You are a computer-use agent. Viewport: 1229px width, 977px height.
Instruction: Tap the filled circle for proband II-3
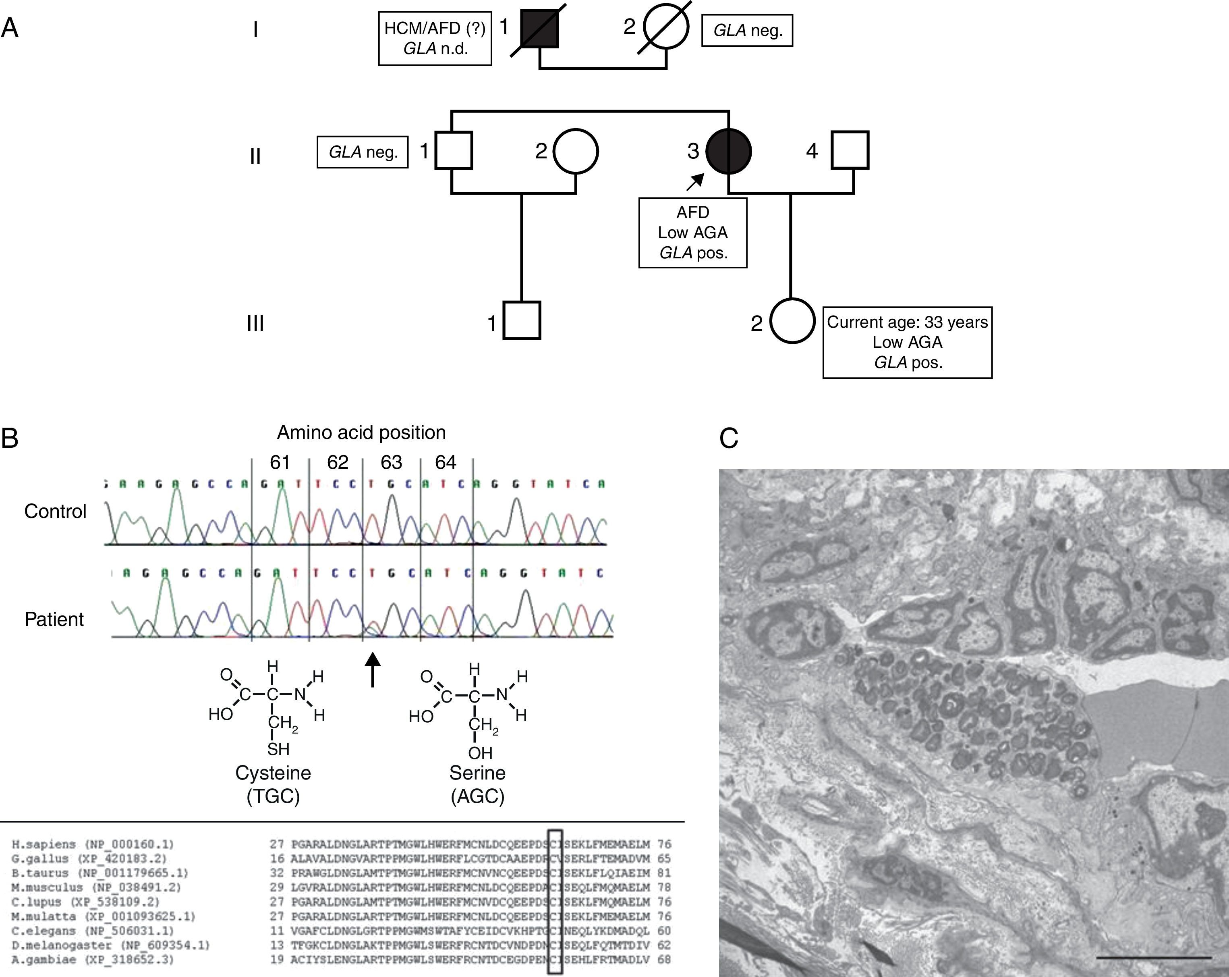click(729, 151)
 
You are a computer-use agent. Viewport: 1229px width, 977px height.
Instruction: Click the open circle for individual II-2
click(576, 151)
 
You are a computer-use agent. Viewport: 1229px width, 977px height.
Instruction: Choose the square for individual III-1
click(522, 320)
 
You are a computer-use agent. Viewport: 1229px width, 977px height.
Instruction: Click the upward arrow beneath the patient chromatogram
click(373, 669)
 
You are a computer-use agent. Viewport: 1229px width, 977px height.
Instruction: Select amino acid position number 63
click(391, 462)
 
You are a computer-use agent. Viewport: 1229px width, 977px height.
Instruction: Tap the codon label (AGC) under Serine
click(478, 796)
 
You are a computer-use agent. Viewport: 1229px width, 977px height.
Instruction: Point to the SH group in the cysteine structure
click(278, 749)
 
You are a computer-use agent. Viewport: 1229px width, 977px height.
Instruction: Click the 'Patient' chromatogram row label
click(54, 619)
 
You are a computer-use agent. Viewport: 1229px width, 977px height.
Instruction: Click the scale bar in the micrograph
click(1153, 958)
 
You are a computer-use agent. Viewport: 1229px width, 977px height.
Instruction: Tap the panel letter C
click(729, 439)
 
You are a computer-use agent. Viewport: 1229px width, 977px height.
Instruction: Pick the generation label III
click(255, 323)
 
